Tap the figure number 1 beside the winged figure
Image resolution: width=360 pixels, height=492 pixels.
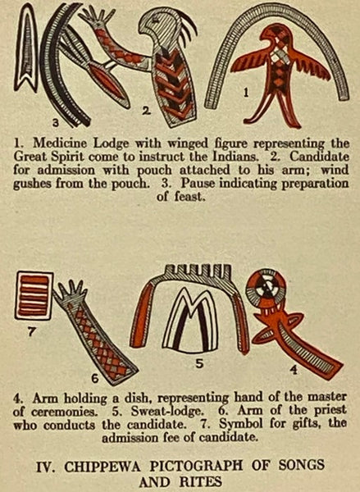[x=246, y=92]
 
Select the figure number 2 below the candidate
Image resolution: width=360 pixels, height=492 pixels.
[x=146, y=111]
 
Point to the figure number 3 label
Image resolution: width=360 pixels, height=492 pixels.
[x=55, y=123]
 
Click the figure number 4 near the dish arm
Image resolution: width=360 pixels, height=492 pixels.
[x=293, y=371]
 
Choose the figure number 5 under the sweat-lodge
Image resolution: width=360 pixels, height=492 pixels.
[x=199, y=363]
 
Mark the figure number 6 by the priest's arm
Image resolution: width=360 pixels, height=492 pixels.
[x=95, y=379]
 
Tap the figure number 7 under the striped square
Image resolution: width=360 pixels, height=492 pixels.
[x=30, y=331]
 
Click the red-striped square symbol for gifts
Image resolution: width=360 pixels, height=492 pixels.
[x=34, y=295]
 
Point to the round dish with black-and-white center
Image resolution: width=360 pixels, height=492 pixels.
[x=267, y=287]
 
